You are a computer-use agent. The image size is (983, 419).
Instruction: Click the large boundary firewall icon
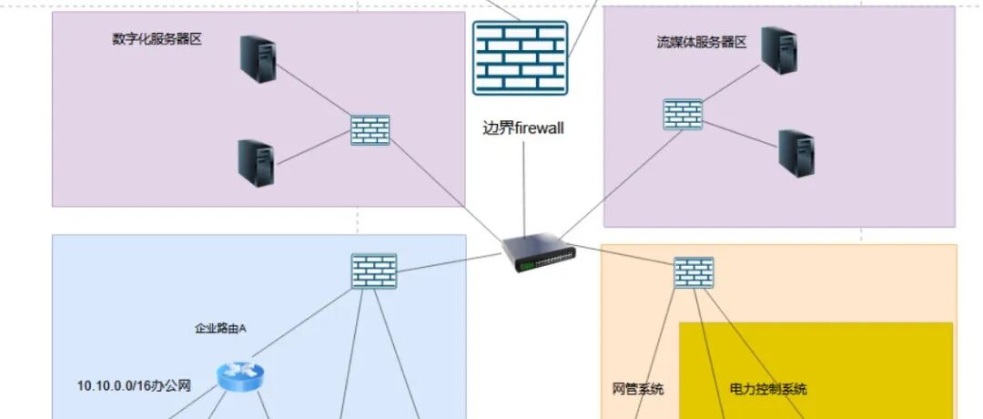(520, 58)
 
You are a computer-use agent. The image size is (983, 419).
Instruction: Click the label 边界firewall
(522, 128)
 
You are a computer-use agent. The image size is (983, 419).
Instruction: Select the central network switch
(539, 253)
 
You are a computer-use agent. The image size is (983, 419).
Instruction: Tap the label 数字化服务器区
(157, 39)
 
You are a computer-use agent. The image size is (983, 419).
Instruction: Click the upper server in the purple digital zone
(258, 57)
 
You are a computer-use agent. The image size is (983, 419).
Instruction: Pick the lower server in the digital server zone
(256, 162)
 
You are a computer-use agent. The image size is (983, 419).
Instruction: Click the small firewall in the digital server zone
(370, 130)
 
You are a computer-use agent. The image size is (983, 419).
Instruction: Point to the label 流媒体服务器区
(702, 42)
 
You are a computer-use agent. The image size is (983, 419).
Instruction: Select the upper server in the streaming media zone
(779, 50)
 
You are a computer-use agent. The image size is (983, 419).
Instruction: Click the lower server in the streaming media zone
(796, 153)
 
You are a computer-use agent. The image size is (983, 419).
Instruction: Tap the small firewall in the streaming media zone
(683, 114)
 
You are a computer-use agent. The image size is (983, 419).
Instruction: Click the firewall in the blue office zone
(374, 271)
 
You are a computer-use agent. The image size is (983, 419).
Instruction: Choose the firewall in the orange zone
(694, 272)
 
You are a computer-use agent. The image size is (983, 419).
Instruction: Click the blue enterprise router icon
(240, 375)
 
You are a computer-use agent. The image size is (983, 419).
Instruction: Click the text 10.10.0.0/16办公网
(134, 386)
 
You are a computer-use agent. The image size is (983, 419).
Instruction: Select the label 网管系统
(638, 389)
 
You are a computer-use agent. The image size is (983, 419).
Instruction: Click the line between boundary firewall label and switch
(525, 187)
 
